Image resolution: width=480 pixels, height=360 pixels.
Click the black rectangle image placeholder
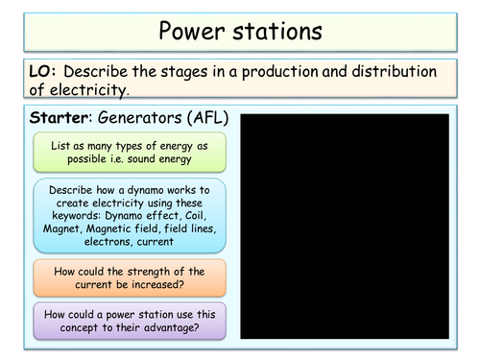(344, 226)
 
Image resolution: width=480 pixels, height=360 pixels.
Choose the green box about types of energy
(129, 153)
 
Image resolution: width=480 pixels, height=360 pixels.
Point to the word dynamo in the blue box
(137, 190)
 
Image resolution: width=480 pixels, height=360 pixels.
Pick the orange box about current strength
(129, 276)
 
